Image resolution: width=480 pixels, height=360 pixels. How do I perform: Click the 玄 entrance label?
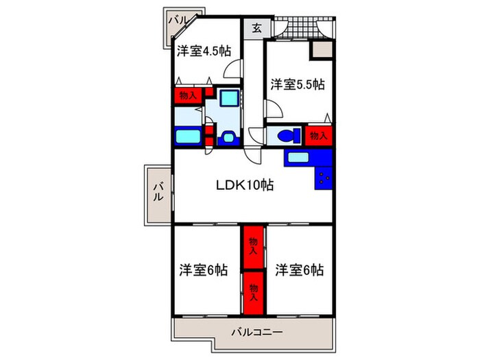pos(256,28)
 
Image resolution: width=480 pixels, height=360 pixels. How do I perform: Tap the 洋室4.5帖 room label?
pos(202,51)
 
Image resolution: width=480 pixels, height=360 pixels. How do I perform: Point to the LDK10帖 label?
pos(245,185)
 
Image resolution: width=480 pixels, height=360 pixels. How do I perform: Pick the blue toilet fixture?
pos(287,134)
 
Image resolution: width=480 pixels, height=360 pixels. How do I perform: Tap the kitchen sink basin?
pos(298,158)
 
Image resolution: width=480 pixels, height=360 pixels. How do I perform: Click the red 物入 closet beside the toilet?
pos(319,135)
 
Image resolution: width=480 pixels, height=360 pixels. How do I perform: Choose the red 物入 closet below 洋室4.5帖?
pos(186,96)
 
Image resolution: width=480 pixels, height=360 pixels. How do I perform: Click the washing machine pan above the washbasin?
pos(230,99)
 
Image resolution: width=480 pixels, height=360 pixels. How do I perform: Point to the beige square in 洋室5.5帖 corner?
pos(320,50)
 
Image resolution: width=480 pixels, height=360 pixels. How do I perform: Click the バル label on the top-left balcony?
pos(180,21)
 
